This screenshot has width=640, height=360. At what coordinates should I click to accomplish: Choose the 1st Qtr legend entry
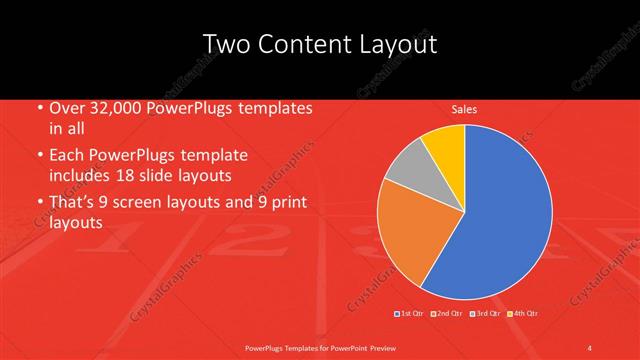coord(411,314)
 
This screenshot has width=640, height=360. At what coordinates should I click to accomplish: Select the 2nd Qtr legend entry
coord(446,314)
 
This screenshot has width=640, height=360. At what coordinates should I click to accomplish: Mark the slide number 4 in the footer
coord(590,347)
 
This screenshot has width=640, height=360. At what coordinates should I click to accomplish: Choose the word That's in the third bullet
coord(73,203)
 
